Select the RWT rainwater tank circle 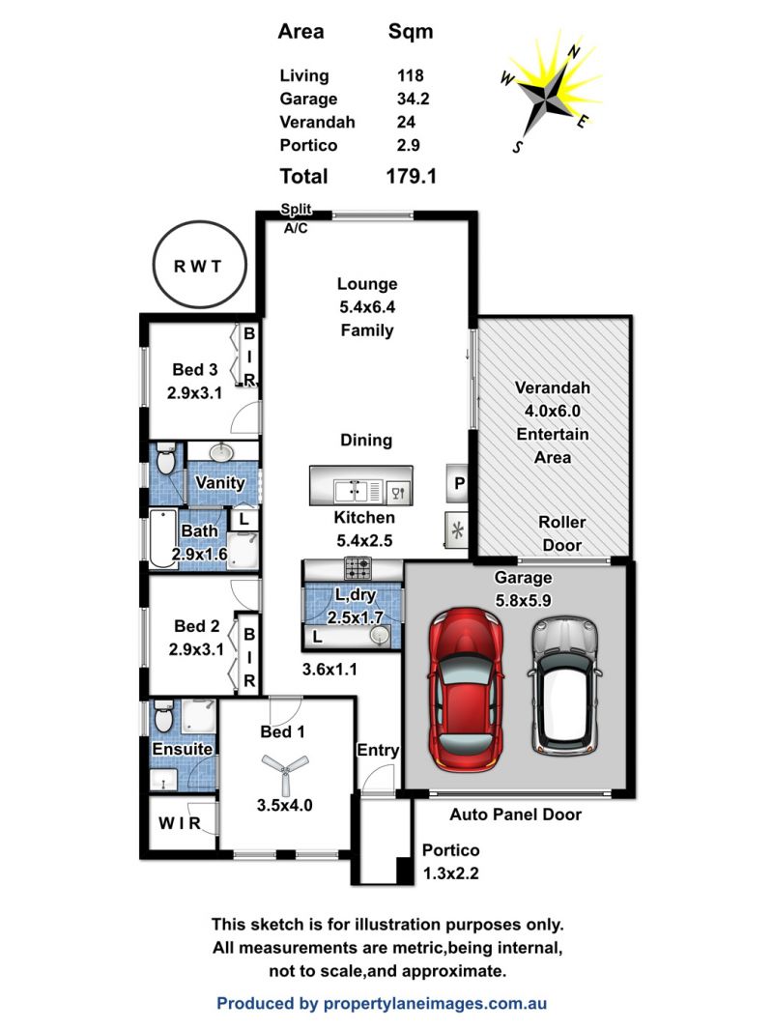(x=199, y=265)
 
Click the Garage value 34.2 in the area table (x=414, y=99)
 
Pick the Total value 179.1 (x=411, y=176)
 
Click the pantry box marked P (x=458, y=483)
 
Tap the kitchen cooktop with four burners (x=358, y=567)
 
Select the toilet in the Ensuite (x=163, y=716)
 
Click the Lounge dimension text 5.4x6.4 (x=367, y=306)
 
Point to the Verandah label (x=553, y=387)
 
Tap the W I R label (x=180, y=823)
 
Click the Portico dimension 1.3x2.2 (x=450, y=873)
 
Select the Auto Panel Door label (x=516, y=815)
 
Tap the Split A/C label (x=297, y=218)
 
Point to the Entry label (x=378, y=750)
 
